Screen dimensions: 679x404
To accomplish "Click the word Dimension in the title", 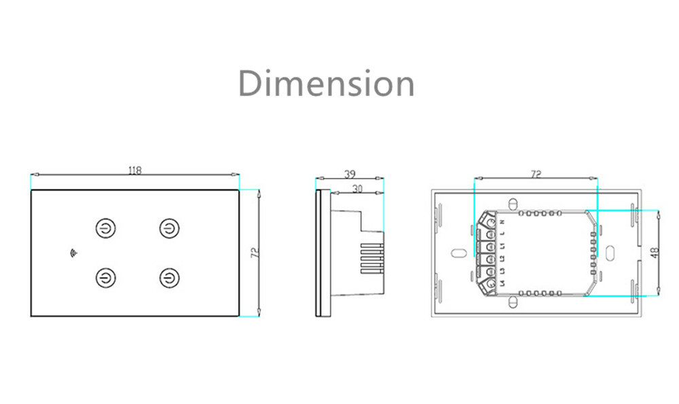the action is [x=327, y=83].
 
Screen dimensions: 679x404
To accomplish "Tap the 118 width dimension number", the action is [x=134, y=170].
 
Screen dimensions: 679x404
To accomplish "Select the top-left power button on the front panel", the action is [x=106, y=228].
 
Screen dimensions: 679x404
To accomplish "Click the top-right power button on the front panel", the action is [x=169, y=228].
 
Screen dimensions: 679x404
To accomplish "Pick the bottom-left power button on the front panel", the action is [x=106, y=278].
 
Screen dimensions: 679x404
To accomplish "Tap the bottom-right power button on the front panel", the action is [x=169, y=278].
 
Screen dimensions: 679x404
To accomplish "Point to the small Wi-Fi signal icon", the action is [x=73, y=253].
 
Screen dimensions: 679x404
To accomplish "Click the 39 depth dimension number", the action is [x=350, y=174].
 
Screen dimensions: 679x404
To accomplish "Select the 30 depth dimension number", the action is [x=357, y=189].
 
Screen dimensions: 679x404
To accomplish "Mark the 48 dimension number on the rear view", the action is [x=655, y=253].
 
